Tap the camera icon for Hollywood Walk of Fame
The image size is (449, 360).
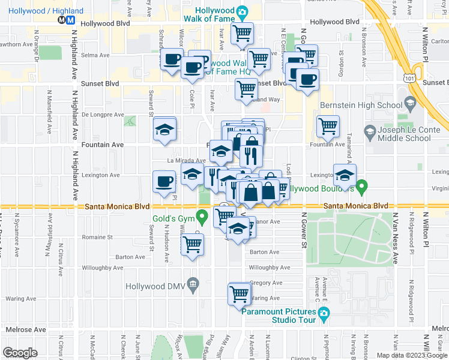242,11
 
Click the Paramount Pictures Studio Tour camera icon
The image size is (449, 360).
324,313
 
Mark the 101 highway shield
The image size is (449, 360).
409,77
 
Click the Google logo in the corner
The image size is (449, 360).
20,353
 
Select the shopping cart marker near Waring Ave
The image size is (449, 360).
240,294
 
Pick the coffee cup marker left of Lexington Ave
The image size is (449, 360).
164,182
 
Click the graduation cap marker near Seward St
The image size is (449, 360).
164,130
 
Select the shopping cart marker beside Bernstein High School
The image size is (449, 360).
328,126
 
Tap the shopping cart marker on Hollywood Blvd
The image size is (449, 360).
243,34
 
